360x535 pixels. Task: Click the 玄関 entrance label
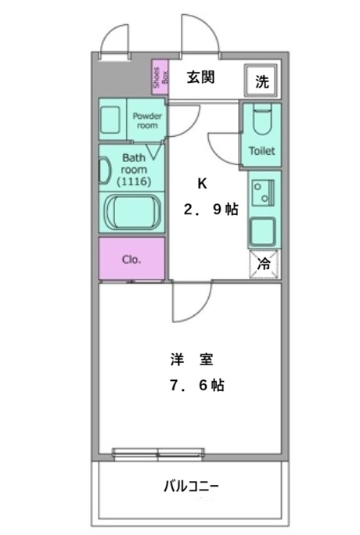200,78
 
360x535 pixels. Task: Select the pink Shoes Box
160,78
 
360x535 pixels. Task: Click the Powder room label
148,120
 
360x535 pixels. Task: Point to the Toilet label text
261,151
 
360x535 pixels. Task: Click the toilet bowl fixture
261,121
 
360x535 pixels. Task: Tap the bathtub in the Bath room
132,213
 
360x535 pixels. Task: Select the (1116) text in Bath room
133,181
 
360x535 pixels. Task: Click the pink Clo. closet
131,259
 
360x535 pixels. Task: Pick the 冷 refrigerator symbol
265,264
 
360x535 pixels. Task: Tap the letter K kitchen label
202,185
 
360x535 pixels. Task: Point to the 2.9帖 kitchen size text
210,210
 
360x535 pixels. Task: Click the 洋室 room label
191,361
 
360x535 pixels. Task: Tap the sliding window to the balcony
159,453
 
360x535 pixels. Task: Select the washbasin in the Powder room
110,120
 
